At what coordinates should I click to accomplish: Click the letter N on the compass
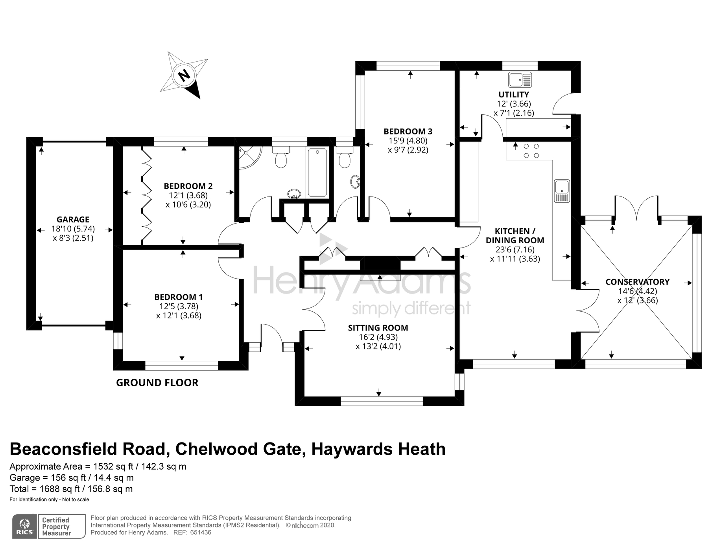(183, 75)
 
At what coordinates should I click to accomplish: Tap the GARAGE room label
(73, 220)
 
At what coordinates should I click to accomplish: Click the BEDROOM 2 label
(188, 186)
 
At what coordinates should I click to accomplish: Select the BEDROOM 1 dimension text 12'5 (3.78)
(179, 306)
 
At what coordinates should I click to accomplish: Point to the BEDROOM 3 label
(408, 131)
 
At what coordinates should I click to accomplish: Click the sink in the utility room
(519, 79)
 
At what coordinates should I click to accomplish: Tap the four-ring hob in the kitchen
(531, 151)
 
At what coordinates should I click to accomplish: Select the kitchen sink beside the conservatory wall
(562, 191)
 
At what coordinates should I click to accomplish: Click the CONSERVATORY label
(637, 282)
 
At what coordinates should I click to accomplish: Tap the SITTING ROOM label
(378, 328)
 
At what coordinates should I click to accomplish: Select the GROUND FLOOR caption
(157, 383)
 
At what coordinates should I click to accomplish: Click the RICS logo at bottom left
(24, 526)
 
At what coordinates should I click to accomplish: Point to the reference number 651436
(201, 532)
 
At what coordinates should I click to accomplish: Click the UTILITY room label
(513, 95)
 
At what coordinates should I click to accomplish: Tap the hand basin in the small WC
(355, 182)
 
